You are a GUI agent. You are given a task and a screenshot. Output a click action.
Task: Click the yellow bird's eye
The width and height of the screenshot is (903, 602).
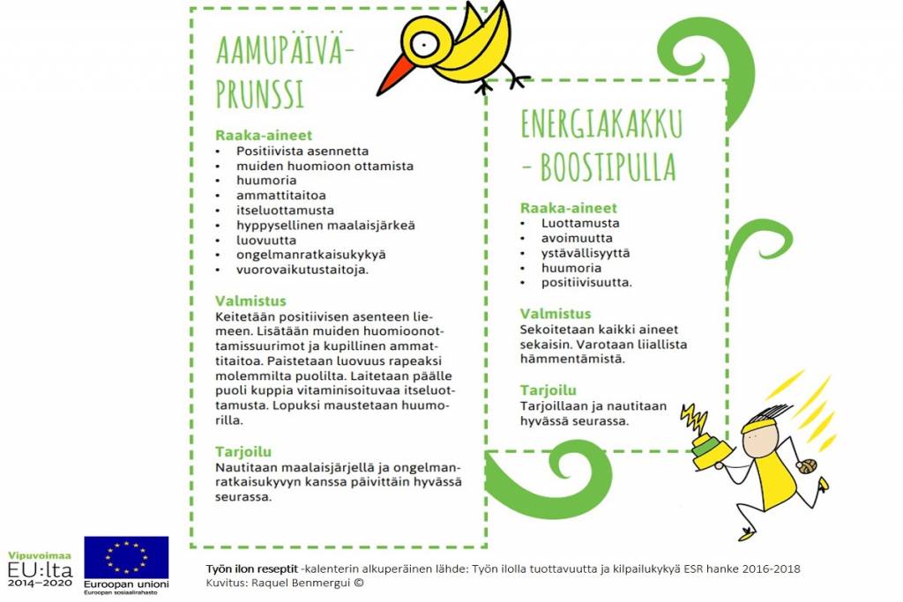coord(425,41)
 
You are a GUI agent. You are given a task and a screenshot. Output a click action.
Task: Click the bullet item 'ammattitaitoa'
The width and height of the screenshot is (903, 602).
coord(280,195)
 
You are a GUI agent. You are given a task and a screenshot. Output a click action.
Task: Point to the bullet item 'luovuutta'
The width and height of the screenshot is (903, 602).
coord(265,240)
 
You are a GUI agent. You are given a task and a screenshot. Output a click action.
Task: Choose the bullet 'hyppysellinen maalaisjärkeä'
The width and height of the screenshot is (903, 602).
coord(313,225)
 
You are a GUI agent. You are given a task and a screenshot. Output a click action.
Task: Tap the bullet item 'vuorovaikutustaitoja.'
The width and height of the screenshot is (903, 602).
coord(302,270)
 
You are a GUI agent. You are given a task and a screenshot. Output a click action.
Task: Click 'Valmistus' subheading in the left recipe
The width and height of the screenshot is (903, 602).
coord(250,301)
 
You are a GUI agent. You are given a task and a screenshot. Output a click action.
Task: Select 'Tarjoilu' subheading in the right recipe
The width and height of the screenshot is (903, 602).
coord(548,390)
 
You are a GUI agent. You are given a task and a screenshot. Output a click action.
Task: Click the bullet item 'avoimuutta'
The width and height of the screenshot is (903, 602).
coord(577,238)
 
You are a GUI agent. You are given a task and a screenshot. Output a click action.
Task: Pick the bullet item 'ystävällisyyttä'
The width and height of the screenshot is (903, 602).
coord(586,253)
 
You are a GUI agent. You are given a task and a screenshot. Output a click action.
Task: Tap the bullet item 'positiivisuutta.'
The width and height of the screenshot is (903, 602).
coord(586,283)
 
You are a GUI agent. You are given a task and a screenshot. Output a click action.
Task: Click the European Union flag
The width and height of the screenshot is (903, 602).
coord(126,557)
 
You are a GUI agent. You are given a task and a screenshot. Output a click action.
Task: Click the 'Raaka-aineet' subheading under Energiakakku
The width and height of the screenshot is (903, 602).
coord(568,208)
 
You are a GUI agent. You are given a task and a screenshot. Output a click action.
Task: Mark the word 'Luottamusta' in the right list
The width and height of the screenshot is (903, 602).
coord(580,223)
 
